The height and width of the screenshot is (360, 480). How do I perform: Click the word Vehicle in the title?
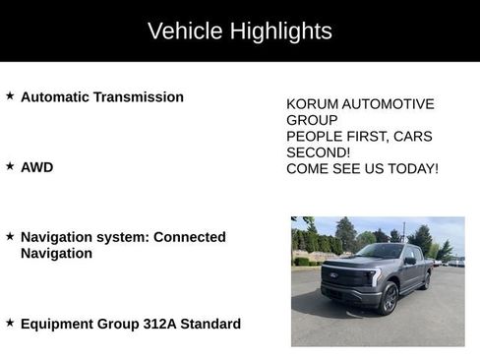(184, 30)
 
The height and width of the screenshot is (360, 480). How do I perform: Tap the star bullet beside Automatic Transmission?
(10, 96)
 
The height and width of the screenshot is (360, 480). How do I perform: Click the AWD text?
(36, 167)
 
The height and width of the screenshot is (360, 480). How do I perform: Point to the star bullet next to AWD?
(10, 166)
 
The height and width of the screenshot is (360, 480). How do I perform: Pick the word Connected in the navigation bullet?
(190, 237)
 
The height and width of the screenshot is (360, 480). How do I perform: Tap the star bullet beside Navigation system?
(10, 236)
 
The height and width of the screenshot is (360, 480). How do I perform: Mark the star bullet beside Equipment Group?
(10, 323)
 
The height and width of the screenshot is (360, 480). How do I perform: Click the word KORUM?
(310, 103)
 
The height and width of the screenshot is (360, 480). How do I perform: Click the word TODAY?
(413, 169)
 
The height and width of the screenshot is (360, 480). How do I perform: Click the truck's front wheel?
(390, 298)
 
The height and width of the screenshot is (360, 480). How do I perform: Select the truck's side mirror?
(409, 261)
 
